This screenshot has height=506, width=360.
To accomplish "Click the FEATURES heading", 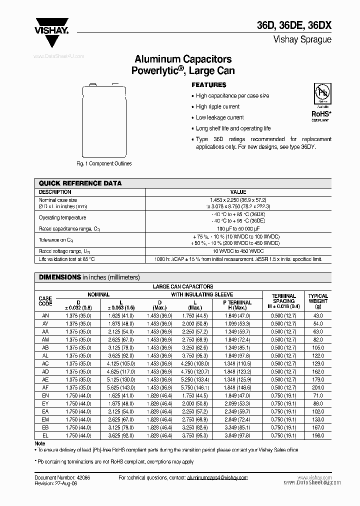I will [209, 85].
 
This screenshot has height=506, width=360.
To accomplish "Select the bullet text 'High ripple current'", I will [217, 106].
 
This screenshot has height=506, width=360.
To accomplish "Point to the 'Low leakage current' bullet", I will [219, 117].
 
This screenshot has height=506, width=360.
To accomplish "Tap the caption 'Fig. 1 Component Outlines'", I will [104, 163].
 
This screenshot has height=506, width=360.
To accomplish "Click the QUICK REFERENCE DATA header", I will [80, 183].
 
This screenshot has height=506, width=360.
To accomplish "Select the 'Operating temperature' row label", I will [62, 217].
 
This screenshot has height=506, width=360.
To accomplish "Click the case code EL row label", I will [45, 436].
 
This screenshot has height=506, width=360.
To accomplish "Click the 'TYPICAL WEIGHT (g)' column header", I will [318, 301].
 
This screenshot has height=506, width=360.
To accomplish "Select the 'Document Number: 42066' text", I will [62, 477].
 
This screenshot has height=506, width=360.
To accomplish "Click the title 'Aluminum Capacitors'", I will [182, 60].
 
